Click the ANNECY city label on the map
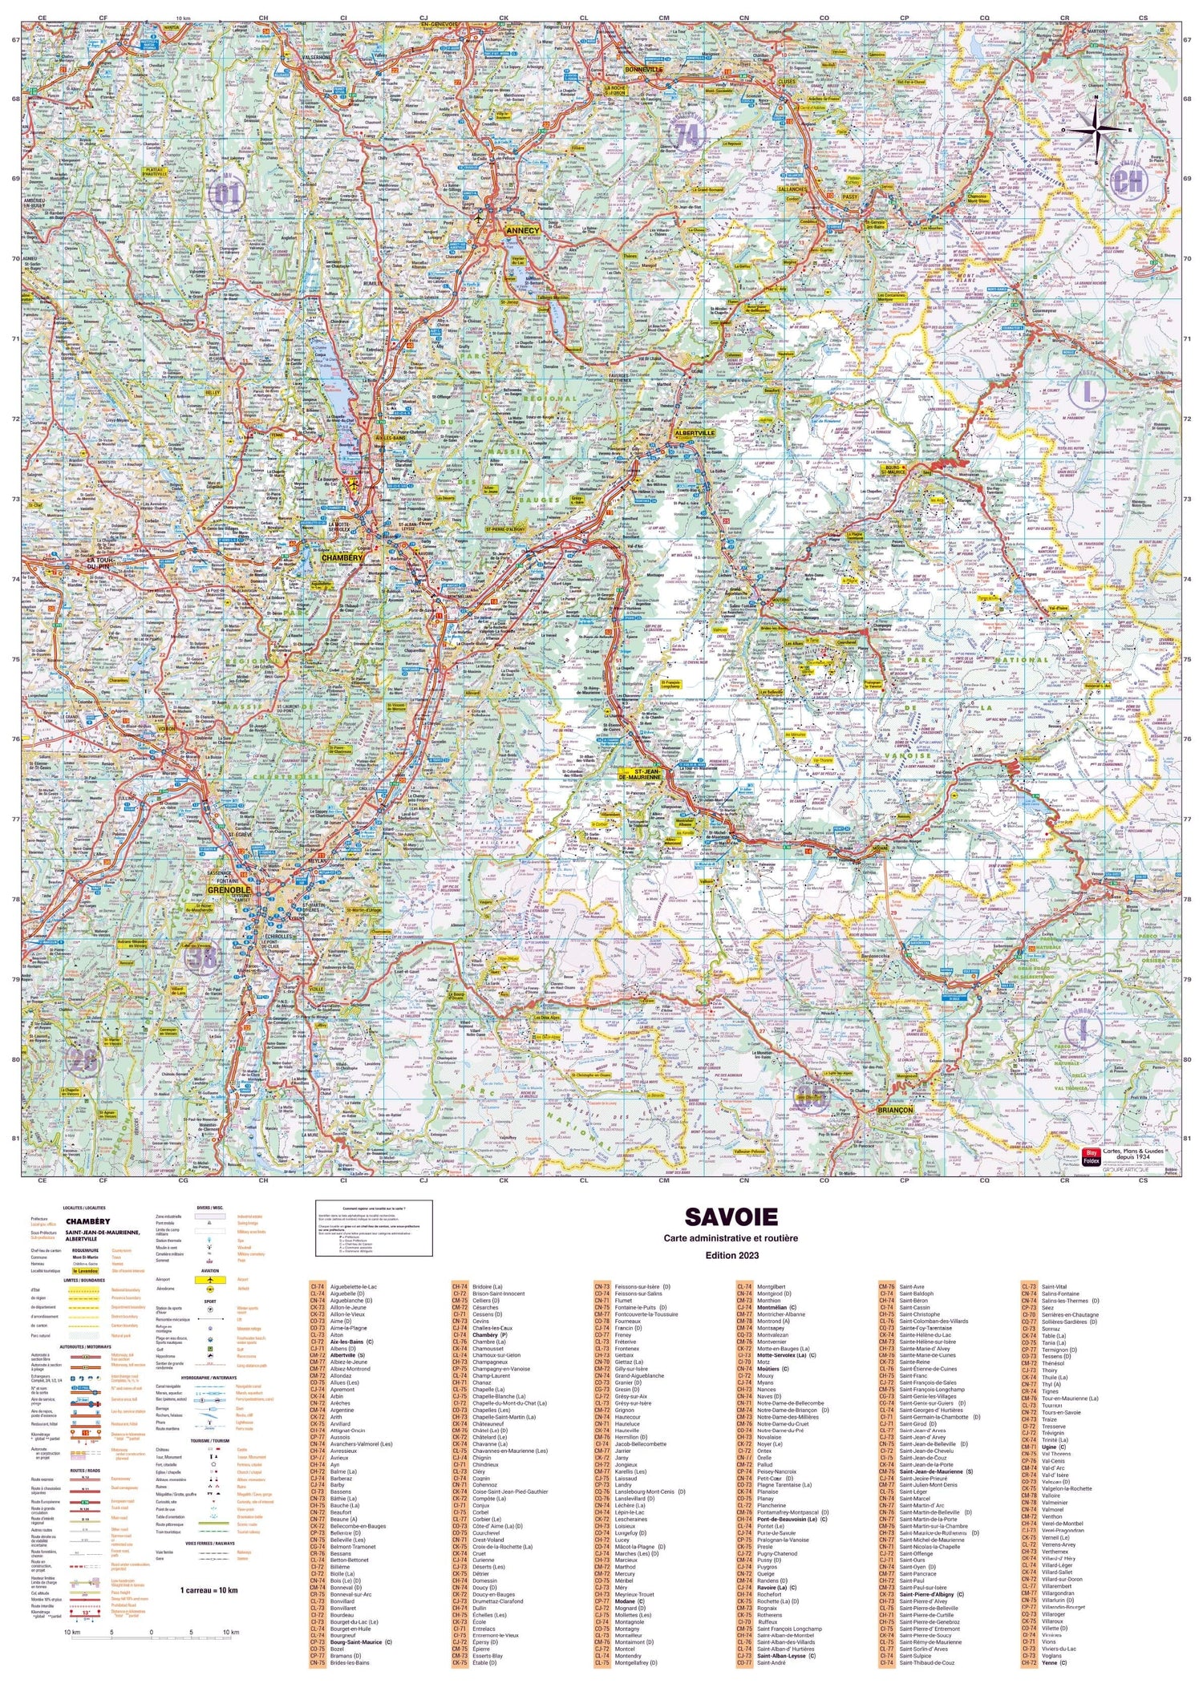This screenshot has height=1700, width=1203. (x=523, y=230)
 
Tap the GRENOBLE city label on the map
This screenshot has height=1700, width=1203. (x=229, y=890)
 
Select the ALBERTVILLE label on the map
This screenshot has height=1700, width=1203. (x=695, y=432)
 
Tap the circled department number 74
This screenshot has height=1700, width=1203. (x=688, y=135)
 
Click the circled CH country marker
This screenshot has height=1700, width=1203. (x=1129, y=182)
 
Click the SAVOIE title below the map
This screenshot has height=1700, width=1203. (x=731, y=1216)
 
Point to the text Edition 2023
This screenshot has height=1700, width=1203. (x=731, y=1255)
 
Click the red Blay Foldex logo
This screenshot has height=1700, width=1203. (x=1089, y=1155)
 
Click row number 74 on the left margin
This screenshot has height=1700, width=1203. (x=14, y=579)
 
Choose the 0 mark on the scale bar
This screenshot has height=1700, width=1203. (x=151, y=1632)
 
